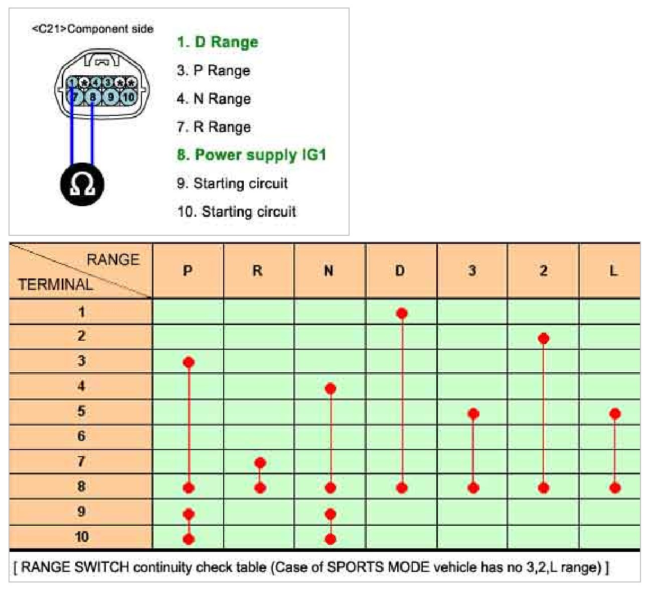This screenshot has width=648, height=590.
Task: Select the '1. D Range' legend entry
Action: point(217,42)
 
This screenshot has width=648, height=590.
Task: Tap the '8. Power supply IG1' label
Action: point(251,155)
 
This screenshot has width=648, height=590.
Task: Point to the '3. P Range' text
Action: point(213,70)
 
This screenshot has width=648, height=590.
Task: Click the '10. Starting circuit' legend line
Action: point(236,211)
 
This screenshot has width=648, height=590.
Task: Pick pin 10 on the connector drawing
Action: point(128,97)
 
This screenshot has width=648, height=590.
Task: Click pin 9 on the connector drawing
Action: point(111,97)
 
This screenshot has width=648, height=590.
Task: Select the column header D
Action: point(400,271)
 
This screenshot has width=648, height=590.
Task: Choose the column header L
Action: point(613,271)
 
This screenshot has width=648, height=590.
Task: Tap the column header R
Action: point(257,271)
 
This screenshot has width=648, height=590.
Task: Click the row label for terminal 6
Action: point(81,436)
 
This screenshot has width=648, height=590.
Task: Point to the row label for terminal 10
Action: point(81,537)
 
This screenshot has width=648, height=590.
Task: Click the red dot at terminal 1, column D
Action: point(402,314)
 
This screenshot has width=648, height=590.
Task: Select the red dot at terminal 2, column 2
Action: point(543,339)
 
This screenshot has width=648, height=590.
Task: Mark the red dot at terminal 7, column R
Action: point(260,463)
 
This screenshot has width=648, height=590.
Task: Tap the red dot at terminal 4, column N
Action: point(331,388)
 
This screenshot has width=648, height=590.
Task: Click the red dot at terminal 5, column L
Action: point(615,414)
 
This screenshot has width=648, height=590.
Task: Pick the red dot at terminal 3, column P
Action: point(189,362)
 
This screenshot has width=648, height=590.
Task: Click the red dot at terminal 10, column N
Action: point(331,539)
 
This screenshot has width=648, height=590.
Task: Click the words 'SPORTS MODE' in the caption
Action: point(378,567)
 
